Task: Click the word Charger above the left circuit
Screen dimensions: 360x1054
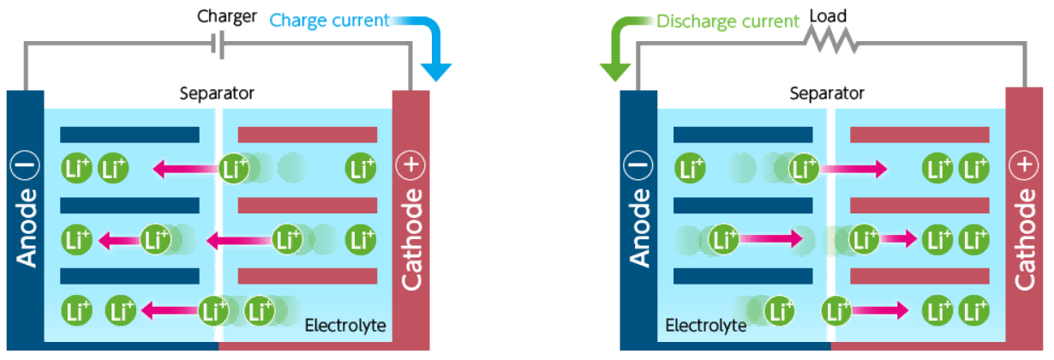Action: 226,16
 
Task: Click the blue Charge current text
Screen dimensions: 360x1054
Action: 329,19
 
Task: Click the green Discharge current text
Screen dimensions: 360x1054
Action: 728,21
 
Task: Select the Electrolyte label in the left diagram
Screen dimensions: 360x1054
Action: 345,326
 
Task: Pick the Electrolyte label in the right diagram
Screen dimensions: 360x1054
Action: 705,326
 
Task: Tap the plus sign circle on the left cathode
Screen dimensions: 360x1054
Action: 410,166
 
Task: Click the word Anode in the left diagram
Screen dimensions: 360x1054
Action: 25,227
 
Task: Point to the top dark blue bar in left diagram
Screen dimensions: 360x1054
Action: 129,135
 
